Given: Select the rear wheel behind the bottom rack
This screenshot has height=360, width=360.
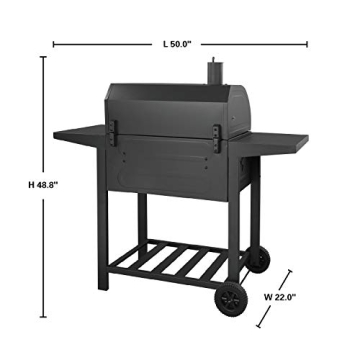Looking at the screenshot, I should click(259, 259).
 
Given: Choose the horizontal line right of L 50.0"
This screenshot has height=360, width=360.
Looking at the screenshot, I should click(249, 44).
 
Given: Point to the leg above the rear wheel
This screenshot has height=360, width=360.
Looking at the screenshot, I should click(256, 215).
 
